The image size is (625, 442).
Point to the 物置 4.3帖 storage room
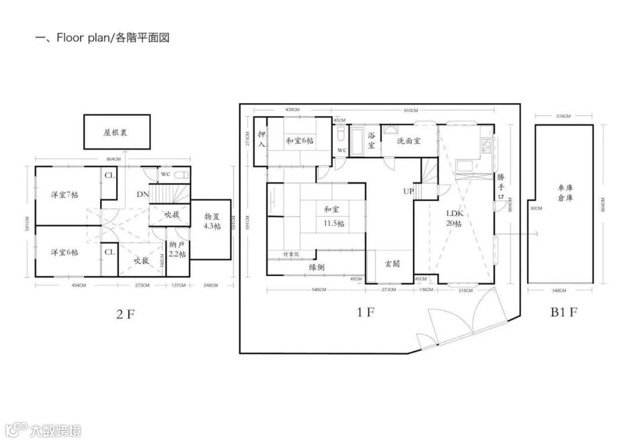coord(212,221)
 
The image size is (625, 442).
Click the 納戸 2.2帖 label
coord(178,249)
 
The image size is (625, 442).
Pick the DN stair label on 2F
coord(142,194)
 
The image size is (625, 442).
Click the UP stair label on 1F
coord(409,191)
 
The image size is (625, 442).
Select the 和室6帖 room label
coord(300,140)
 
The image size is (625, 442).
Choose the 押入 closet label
coord(262,140)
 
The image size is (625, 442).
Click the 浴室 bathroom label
coord(371,141)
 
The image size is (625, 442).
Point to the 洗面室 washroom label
coord(409,141)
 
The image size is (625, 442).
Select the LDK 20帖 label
coord(454,218)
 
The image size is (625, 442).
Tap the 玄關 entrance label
coord(392,264)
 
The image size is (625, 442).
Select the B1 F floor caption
coord(564,313)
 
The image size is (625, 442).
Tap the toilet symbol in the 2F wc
coord(181,174)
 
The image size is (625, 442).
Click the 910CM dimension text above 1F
coord(411,109)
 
